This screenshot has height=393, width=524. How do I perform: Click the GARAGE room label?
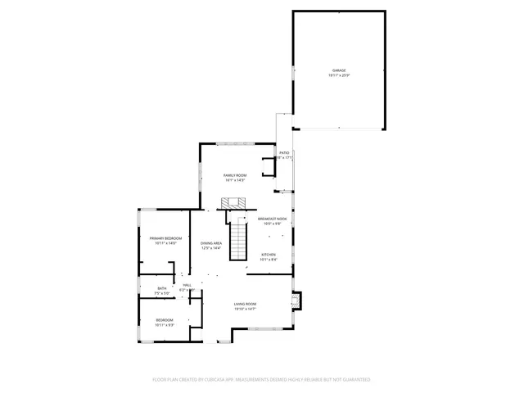(x=339, y=71)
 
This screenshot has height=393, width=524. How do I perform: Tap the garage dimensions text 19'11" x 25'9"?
(x=339, y=76)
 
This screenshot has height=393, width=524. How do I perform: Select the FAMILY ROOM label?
(x=236, y=175)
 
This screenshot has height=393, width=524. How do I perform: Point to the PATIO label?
(x=284, y=153)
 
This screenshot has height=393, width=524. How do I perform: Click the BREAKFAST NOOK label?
(x=273, y=219)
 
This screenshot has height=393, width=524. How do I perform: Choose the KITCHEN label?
(x=269, y=255)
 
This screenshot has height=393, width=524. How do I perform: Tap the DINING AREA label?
(x=212, y=243)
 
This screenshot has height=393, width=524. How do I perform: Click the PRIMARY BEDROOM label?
(x=165, y=238)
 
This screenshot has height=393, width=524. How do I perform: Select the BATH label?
(x=162, y=288)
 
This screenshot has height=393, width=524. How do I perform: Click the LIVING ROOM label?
(x=245, y=305)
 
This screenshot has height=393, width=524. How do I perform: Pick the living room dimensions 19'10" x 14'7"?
(x=245, y=309)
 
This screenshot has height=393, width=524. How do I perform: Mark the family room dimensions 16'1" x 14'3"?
(x=236, y=180)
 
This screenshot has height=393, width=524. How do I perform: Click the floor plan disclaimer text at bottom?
(x=262, y=380)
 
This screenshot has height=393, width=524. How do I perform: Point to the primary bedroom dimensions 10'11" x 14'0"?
(x=165, y=243)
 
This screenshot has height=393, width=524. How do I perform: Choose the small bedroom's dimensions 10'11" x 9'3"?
(x=165, y=325)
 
